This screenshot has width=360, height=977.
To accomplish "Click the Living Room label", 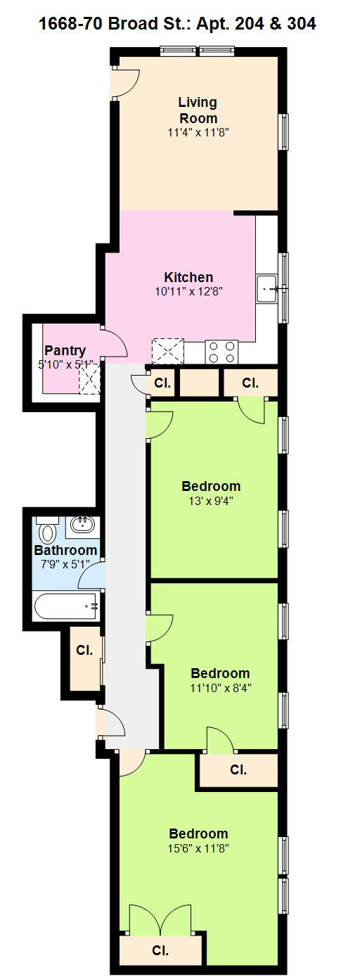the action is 198,110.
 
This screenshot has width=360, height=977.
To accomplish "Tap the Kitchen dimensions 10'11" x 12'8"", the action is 188,292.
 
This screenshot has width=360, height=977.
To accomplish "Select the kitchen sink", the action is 266,288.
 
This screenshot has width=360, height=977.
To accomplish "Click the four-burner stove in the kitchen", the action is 222,352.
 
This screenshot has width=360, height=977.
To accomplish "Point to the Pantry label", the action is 65,350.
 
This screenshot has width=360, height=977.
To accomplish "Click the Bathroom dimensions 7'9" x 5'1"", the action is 65,564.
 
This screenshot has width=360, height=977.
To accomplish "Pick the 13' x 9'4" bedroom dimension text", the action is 211,501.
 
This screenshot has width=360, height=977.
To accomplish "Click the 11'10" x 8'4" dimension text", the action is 221,689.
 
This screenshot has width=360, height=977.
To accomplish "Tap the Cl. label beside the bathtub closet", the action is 84,651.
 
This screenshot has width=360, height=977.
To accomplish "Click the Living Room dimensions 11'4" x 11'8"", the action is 198,133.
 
